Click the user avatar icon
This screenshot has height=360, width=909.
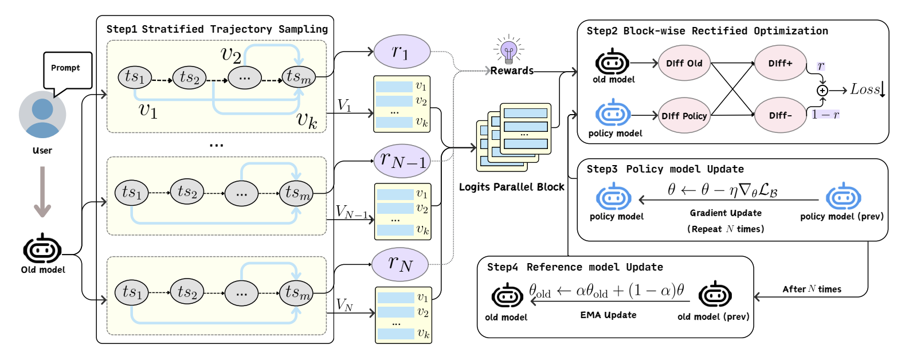42,115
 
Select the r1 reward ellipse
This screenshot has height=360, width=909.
401,52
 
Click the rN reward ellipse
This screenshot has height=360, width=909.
400,264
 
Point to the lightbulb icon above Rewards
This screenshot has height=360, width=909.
508,50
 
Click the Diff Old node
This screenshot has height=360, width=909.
684,63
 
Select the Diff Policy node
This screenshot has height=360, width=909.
684,116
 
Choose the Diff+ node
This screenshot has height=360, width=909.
780,63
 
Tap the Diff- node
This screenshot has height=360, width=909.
780,115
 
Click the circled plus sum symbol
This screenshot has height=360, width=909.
822,91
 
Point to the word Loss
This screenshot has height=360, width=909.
865,89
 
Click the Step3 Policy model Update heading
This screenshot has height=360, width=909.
665,169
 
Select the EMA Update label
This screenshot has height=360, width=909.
608,315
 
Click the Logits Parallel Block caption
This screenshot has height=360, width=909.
511,187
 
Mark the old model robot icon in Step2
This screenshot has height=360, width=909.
612,62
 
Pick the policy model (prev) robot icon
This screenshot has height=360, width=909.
843,197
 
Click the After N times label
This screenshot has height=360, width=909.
812,289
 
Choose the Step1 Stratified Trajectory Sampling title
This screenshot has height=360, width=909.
217,29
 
